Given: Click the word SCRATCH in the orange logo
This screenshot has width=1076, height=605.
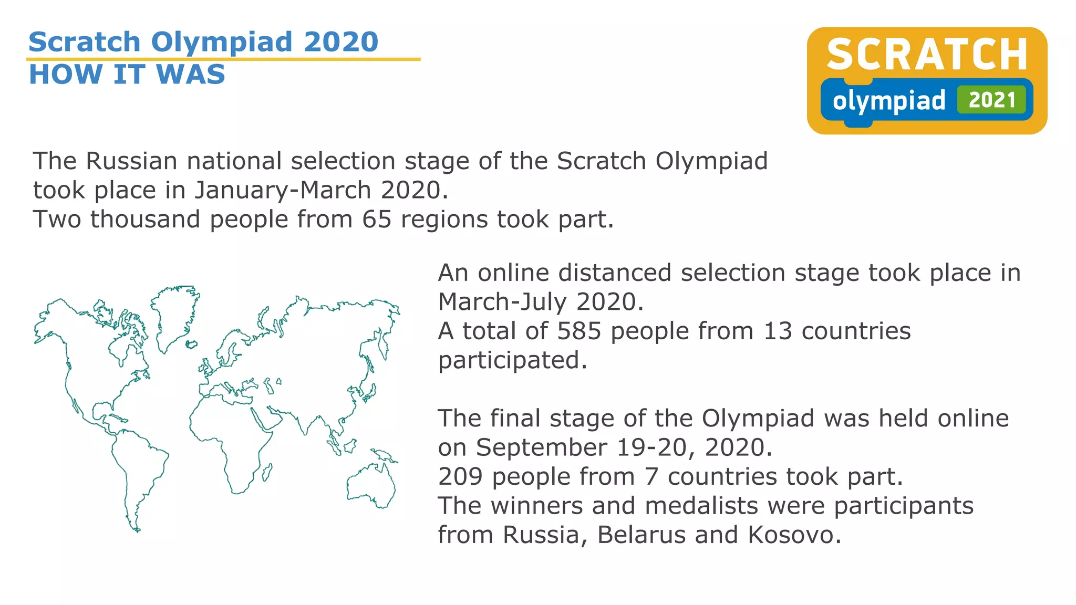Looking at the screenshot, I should (927, 54).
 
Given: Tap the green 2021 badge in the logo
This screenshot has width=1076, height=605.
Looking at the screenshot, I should (991, 100).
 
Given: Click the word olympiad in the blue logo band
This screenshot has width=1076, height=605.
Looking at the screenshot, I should (888, 101).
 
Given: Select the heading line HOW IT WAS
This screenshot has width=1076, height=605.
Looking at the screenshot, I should (127, 74).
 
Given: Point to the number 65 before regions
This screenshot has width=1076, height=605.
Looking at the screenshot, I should (377, 219).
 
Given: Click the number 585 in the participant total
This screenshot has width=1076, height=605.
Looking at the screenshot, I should (578, 331).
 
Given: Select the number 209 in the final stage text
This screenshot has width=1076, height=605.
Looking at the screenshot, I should (460, 476).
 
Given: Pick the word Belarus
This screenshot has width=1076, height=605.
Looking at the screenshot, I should (642, 535).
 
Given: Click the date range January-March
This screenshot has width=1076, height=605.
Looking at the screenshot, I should (283, 190).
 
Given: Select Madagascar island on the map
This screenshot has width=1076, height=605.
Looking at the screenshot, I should (266, 472).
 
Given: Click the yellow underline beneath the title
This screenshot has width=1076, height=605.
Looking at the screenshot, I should (223, 59).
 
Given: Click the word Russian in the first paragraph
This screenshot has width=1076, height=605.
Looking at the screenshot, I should (131, 161).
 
